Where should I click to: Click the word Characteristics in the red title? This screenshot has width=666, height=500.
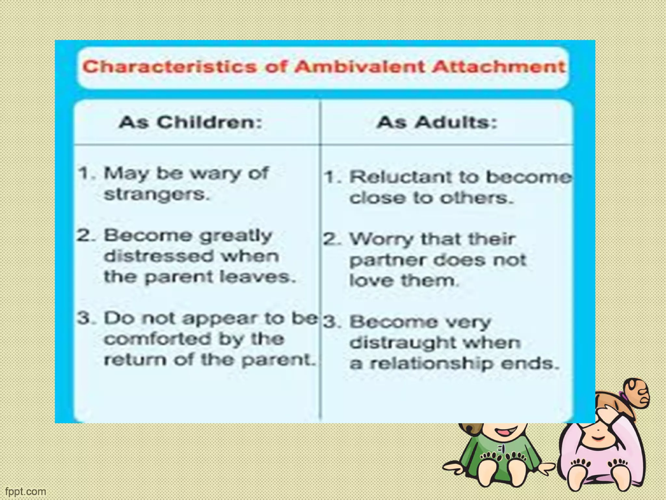[x=169, y=67]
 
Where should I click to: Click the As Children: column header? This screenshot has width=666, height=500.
[x=191, y=122]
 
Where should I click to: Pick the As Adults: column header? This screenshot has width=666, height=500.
[x=437, y=122]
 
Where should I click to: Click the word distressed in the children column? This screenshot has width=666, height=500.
[x=159, y=256]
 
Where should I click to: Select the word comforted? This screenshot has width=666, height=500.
[x=157, y=339]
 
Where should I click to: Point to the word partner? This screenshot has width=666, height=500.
[x=387, y=261]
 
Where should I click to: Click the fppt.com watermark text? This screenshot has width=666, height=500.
[x=26, y=491]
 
